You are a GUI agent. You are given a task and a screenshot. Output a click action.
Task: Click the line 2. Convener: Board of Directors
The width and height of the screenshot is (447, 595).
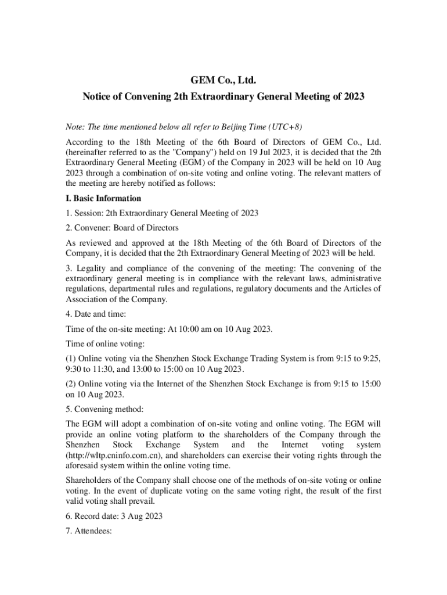pos(122,228)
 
